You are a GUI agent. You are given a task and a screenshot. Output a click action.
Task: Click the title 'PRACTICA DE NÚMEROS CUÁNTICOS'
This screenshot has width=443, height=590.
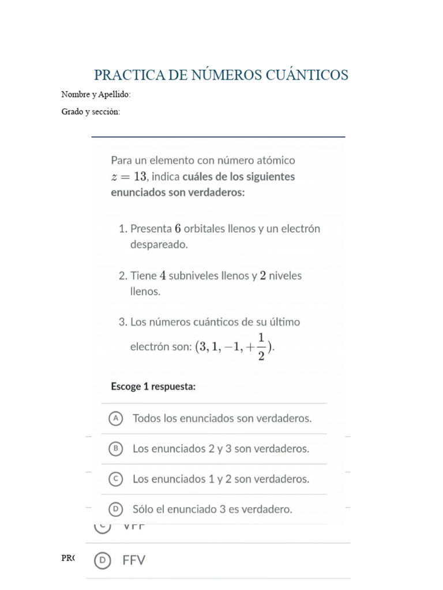pos(221,75)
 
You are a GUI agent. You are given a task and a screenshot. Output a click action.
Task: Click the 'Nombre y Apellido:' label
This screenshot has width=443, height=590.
pos(96,94)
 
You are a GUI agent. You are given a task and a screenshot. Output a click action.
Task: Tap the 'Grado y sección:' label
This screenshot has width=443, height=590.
pos(91,112)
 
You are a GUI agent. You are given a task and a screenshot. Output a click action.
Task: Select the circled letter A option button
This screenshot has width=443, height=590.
pos(116,419)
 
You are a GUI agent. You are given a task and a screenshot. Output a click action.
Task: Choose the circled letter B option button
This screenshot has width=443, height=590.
pos(116,448)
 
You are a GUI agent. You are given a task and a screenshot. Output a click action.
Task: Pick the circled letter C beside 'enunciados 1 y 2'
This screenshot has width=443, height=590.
pos(116,479)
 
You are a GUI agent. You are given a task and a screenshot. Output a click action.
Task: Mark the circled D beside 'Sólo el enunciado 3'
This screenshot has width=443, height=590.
pos(116,509)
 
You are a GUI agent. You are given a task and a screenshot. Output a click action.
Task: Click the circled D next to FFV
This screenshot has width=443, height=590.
pos(103,560)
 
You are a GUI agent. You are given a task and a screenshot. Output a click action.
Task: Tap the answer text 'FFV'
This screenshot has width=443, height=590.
pos(134,560)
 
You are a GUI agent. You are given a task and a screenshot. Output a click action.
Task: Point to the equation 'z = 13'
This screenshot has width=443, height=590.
pos(130,177)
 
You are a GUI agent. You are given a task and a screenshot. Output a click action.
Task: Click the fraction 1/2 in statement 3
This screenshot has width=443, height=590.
pos(261,346)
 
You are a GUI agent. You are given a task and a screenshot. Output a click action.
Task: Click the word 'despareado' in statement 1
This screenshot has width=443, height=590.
pos(159,244)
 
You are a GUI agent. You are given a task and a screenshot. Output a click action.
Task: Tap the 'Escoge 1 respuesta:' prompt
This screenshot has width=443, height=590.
pos(153,387)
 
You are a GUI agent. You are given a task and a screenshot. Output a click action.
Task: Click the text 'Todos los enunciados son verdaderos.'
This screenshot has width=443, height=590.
pos(222,419)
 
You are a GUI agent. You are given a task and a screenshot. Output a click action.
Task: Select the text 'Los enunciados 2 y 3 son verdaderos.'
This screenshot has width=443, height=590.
pos(221,448)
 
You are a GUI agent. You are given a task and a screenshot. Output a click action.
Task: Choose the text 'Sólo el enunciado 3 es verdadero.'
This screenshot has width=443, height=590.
pos(212,509)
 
